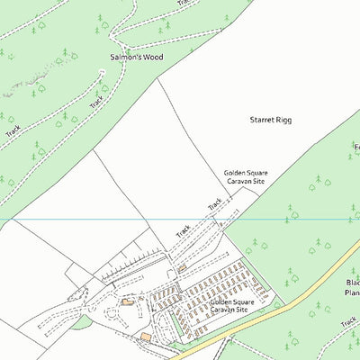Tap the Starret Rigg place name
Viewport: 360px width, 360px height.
[271, 119]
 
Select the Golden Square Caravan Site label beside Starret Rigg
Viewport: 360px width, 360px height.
[245, 176]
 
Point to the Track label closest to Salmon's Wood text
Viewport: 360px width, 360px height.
[96, 103]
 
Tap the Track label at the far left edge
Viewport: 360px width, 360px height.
[13, 131]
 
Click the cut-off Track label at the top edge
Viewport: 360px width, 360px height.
[184, 4]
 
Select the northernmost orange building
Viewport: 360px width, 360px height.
[182, 267]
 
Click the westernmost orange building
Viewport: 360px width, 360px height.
[128, 301]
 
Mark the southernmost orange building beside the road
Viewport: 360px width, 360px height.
[146, 337]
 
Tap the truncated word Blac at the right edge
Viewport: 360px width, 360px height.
[352, 282]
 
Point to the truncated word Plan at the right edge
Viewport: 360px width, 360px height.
[352, 292]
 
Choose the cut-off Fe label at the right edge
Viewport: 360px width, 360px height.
[355, 146]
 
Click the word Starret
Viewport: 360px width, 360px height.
[262, 119]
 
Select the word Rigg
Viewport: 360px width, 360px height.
[284, 120]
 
